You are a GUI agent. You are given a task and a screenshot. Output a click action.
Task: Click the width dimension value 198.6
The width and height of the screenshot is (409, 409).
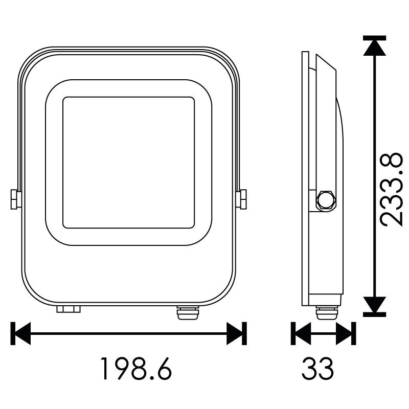point(137,368)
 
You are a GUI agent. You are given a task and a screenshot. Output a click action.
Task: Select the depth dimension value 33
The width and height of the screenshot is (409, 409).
point(317,368)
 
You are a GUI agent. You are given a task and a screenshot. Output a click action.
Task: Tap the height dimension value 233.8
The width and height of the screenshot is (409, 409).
point(391,190)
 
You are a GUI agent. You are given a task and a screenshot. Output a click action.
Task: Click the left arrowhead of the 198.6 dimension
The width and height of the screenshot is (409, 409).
point(23,333)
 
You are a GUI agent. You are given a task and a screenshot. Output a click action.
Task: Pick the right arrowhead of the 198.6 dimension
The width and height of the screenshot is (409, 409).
point(234,333)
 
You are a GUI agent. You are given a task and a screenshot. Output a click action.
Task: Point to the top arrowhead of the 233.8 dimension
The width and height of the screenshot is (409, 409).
point(375,48)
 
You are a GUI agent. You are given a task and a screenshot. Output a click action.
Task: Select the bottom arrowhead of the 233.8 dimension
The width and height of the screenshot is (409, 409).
point(375,305)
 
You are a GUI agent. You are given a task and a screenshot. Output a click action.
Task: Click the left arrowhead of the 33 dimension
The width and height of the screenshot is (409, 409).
point(303,333)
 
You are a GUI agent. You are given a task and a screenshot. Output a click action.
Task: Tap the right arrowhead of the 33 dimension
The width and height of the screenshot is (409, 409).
point(344,333)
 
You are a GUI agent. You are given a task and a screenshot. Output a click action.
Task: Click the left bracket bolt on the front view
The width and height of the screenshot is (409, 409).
point(14,199)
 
